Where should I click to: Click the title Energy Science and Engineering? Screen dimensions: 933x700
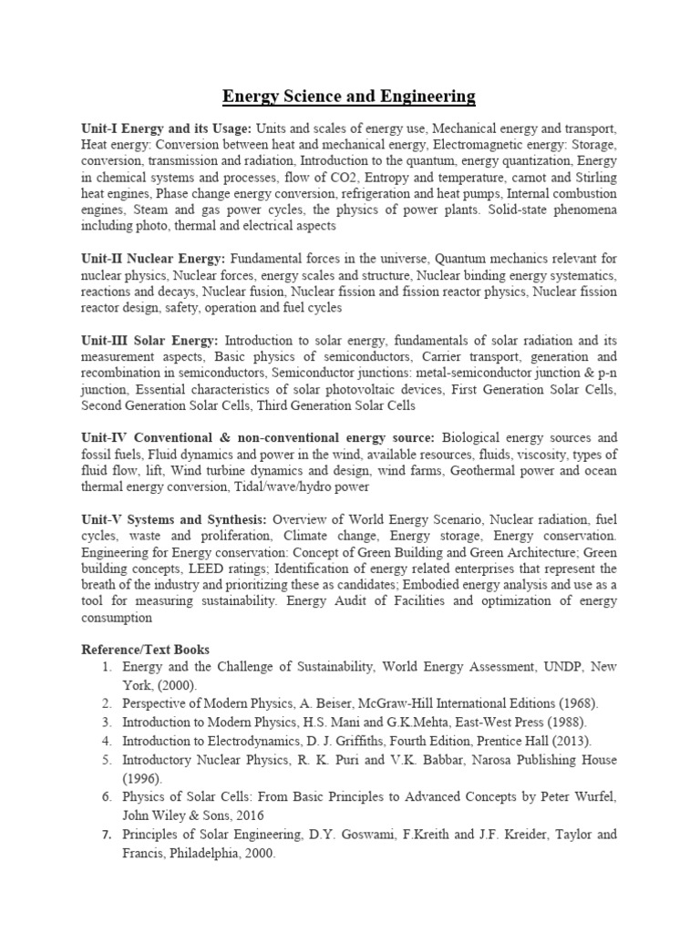(350, 96)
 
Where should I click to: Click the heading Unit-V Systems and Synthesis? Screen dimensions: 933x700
(174, 518)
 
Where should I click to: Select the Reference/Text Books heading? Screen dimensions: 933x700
(146, 650)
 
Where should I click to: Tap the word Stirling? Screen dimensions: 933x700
(590, 178)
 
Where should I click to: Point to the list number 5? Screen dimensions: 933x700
(107, 760)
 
